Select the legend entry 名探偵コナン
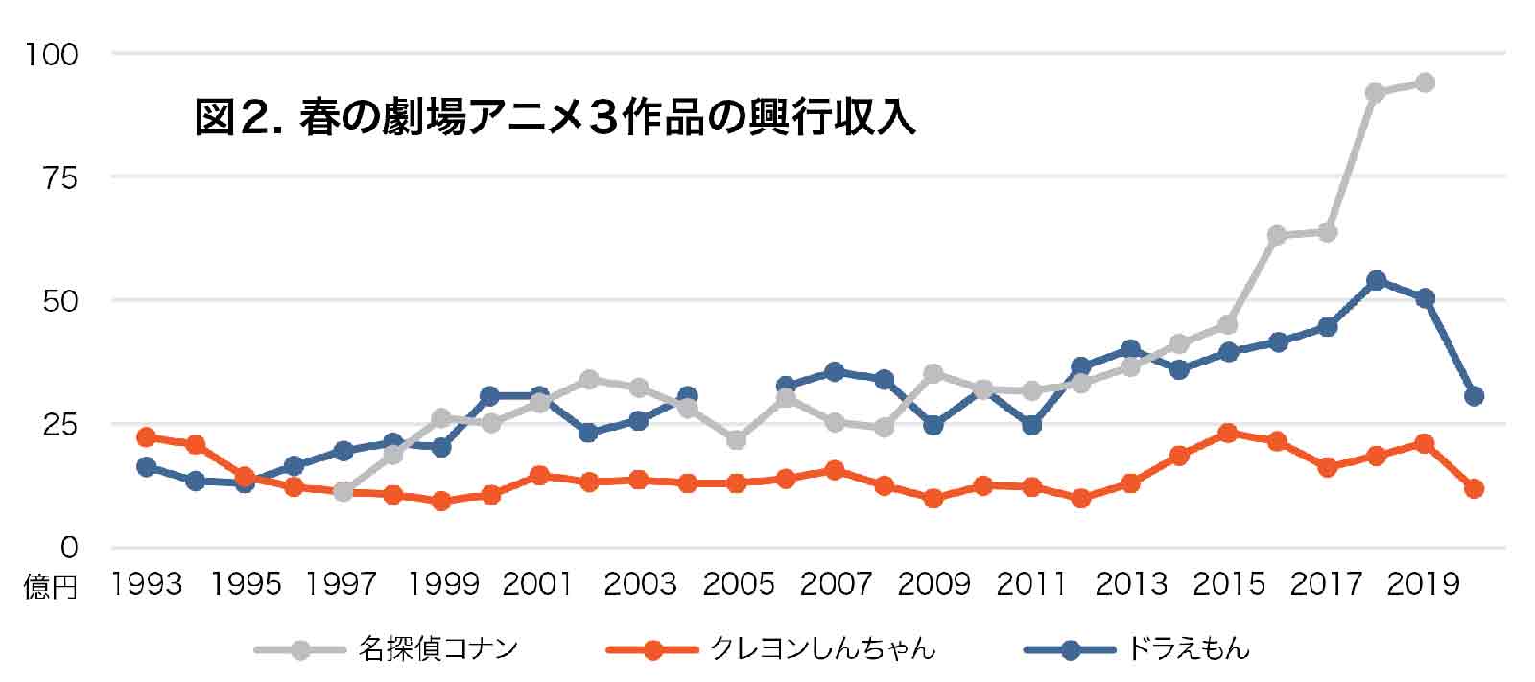point(438,649)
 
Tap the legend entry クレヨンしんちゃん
point(822,649)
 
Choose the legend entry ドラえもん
point(1188,649)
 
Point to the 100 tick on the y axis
point(52,55)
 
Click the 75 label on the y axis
point(59,177)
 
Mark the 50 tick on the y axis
point(59,301)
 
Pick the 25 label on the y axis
point(59,424)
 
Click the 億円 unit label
point(50,586)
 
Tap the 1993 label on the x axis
point(147,583)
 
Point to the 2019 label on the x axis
point(1425,583)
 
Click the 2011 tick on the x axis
point(1032,583)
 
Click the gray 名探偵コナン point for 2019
point(1425,82)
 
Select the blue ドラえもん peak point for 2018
point(1376,280)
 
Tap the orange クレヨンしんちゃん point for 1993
point(146,437)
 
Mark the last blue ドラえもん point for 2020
point(1475,396)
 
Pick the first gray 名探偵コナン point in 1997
point(343,491)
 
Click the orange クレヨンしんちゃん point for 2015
point(1228,433)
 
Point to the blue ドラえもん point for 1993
point(146,467)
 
